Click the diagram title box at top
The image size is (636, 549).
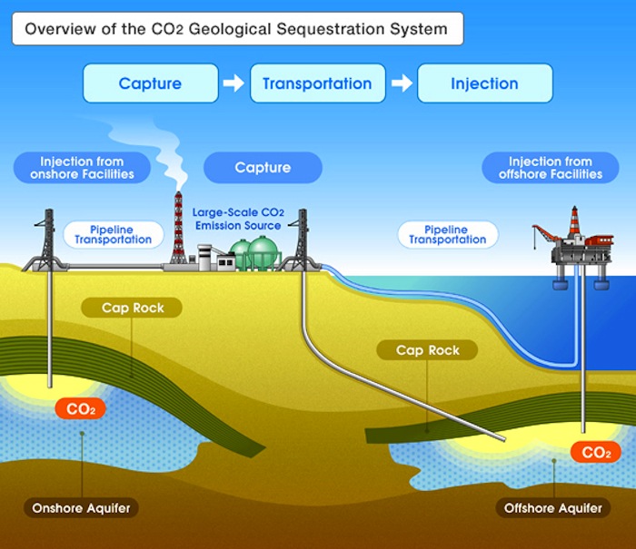[x=236, y=29]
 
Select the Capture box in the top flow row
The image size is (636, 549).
[x=150, y=83]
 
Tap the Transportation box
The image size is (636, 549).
[x=317, y=83]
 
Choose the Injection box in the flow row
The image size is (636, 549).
[x=484, y=83]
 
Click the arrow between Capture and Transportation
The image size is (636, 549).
[x=234, y=83]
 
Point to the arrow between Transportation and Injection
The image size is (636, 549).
[x=401, y=83]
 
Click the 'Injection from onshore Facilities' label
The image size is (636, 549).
[x=82, y=168]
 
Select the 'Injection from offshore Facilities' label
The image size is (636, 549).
[x=551, y=168]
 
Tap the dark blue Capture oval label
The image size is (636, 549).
[x=263, y=168]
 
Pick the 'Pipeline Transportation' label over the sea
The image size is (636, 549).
[x=447, y=234]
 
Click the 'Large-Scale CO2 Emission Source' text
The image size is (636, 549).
[x=237, y=218]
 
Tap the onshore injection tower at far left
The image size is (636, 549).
[x=45, y=240]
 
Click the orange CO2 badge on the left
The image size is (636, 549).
[x=80, y=409]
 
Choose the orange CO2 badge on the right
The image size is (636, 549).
[x=596, y=452]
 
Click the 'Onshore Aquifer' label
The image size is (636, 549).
[x=81, y=508]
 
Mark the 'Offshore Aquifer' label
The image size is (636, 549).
[x=552, y=508]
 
